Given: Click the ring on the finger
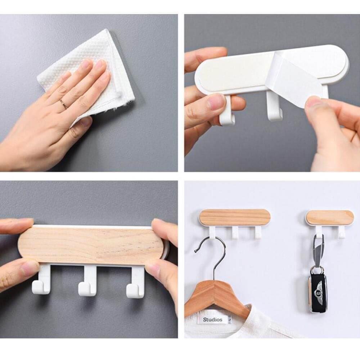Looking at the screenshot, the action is click(x=63, y=104).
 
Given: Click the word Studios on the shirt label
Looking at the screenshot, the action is click(x=213, y=319).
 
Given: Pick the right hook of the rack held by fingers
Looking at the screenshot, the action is click(x=136, y=282).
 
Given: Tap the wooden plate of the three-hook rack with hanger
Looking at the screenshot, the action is click(x=235, y=217).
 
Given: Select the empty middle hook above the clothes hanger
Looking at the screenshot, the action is click(x=235, y=233).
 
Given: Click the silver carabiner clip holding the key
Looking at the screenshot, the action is click(x=318, y=250).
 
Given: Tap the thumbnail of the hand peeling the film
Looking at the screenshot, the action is click(x=314, y=102).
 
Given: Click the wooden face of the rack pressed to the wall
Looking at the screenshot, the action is click(x=90, y=245).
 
